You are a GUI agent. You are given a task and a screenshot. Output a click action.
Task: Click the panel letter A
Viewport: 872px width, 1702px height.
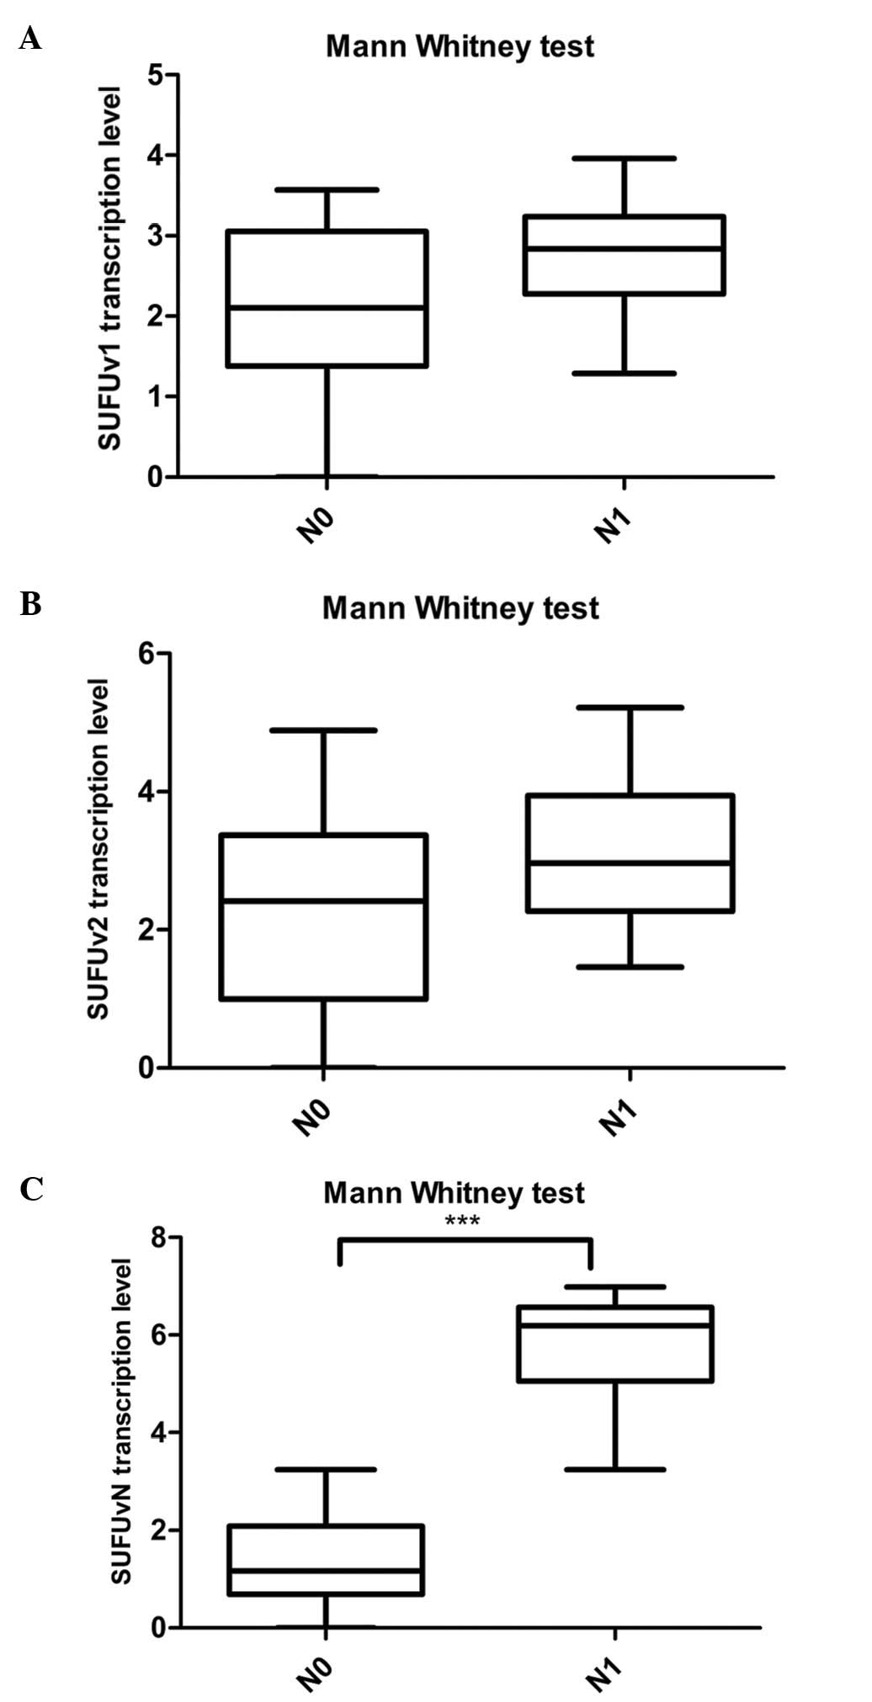(29, 38)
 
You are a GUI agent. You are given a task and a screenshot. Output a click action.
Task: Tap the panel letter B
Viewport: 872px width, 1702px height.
(30, 603)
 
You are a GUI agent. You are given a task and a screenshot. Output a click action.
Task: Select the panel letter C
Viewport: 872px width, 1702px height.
(31, 1190)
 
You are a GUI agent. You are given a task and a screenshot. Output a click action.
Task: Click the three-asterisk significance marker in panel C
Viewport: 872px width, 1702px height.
(462, 1221)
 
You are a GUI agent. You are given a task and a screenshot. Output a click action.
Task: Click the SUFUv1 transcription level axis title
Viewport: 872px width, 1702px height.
(110, 268)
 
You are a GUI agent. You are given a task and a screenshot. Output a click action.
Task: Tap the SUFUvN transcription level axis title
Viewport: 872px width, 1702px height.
(122, 1421)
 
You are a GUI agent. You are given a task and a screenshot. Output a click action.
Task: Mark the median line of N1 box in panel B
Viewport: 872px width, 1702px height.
(630, 862)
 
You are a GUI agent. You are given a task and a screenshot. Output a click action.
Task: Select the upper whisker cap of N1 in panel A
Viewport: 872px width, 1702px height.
(625, 158)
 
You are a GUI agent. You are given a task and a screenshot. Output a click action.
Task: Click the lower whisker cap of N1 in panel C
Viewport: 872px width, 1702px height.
(617, 1470)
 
